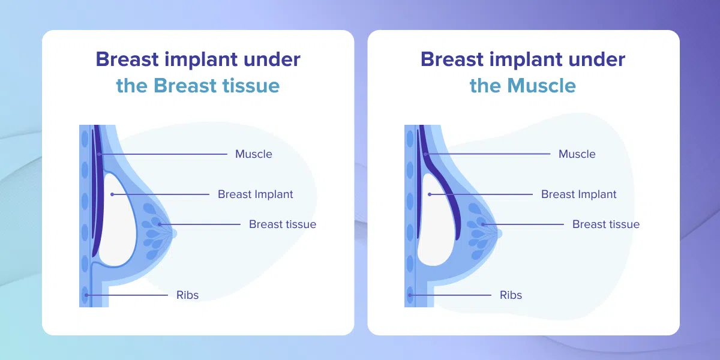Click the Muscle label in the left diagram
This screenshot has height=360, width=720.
[x=254, y=154]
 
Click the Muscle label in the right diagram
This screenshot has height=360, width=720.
[x=577, y=154]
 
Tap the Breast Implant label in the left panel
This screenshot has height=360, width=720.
[x=255, y=194]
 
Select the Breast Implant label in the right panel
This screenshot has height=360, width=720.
[x=578, y=194]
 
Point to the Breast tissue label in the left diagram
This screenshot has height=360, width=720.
[x=283, y=224]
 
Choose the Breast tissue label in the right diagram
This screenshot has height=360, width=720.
[x=606, y=224]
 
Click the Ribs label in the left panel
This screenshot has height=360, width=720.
[x=187, y=295]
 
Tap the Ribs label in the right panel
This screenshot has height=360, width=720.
[x=511, y=295]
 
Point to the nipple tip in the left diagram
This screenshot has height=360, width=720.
[x=175, y=233]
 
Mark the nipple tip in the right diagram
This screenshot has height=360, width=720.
[x=501, y=233]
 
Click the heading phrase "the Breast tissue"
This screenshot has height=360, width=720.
[x=198, y=85]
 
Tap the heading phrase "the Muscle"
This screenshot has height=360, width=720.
[x=523, y=85]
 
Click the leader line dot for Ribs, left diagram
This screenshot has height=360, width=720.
[x=86, y=295]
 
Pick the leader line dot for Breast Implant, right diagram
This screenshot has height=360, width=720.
[x=430, y=194]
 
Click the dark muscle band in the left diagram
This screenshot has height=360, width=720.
[x=98, y=193]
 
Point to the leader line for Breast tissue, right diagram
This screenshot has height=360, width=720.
[x=523, y=224]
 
